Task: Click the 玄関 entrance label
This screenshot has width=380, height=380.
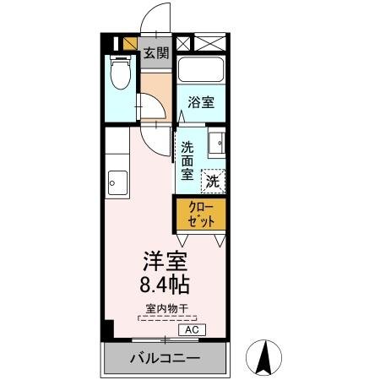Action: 155,53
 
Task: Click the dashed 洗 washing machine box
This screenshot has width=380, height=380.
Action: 214,180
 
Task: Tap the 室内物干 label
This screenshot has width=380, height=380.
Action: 166,308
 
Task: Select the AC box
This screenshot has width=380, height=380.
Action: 192,329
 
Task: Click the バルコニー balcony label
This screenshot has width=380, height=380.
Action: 166,359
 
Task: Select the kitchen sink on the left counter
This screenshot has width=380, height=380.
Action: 117,181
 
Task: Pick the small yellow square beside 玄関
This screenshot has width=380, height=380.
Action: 130,44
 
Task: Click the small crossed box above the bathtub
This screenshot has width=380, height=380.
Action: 184,43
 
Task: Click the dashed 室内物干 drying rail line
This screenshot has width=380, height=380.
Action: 166,318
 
